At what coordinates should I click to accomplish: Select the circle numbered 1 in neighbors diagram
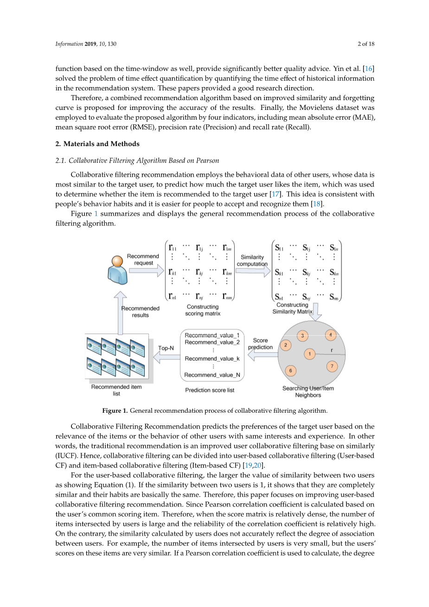pos(310,354)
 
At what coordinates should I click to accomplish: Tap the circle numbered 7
pos(332,366)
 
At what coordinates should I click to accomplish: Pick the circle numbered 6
pos(291,370)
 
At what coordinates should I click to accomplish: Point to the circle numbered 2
pos(286,345)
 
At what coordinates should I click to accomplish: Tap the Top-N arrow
pos(166,357)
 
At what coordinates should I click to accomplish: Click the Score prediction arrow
pos(263,355)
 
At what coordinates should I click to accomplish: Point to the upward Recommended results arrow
pos(120,313)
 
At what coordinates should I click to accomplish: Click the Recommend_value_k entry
pos(212,358)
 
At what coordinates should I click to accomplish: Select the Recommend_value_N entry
pos(212,375)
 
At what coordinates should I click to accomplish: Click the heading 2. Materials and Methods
pos(97,144)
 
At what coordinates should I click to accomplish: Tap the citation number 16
pos(369,69)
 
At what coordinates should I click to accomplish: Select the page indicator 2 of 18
pos(366,44)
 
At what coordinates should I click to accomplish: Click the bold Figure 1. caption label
pos(115,410)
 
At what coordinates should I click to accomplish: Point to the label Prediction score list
pos(210,390)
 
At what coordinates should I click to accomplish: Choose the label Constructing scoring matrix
pos(203,310)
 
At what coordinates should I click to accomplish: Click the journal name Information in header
pos(69,44)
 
